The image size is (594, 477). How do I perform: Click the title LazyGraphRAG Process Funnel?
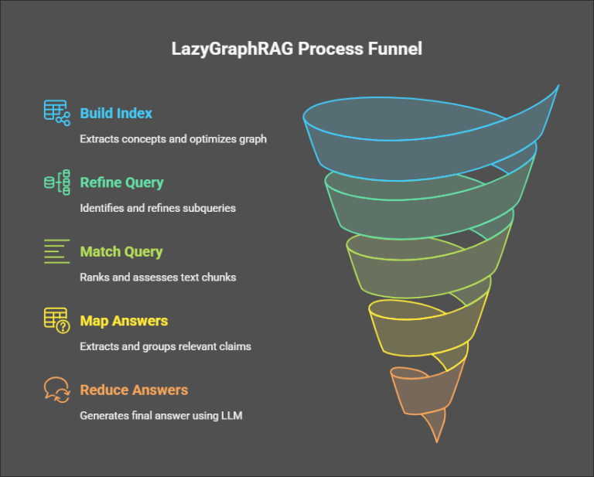point(296,49)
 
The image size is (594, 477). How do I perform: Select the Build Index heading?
point(116,114)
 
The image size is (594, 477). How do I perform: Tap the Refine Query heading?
point(121,183)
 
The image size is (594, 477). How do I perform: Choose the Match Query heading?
point(121,252)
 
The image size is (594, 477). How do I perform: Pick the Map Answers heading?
point(124,321)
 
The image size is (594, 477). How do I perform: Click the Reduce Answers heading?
point(134,390)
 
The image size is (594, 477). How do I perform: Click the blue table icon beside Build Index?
point(56,113)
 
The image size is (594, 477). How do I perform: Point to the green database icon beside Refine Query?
point(56,182)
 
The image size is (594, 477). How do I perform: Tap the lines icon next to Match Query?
point(56,252)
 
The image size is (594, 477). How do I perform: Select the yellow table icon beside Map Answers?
point(56,320)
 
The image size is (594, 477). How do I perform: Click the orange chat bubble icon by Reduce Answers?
point(56,390)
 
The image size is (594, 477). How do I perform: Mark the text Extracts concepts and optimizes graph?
point(173,139)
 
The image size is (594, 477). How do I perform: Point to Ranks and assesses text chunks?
point(157,277)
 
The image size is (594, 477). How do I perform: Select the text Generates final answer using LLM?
point(161,415)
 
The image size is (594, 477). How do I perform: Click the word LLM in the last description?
point(231,415)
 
